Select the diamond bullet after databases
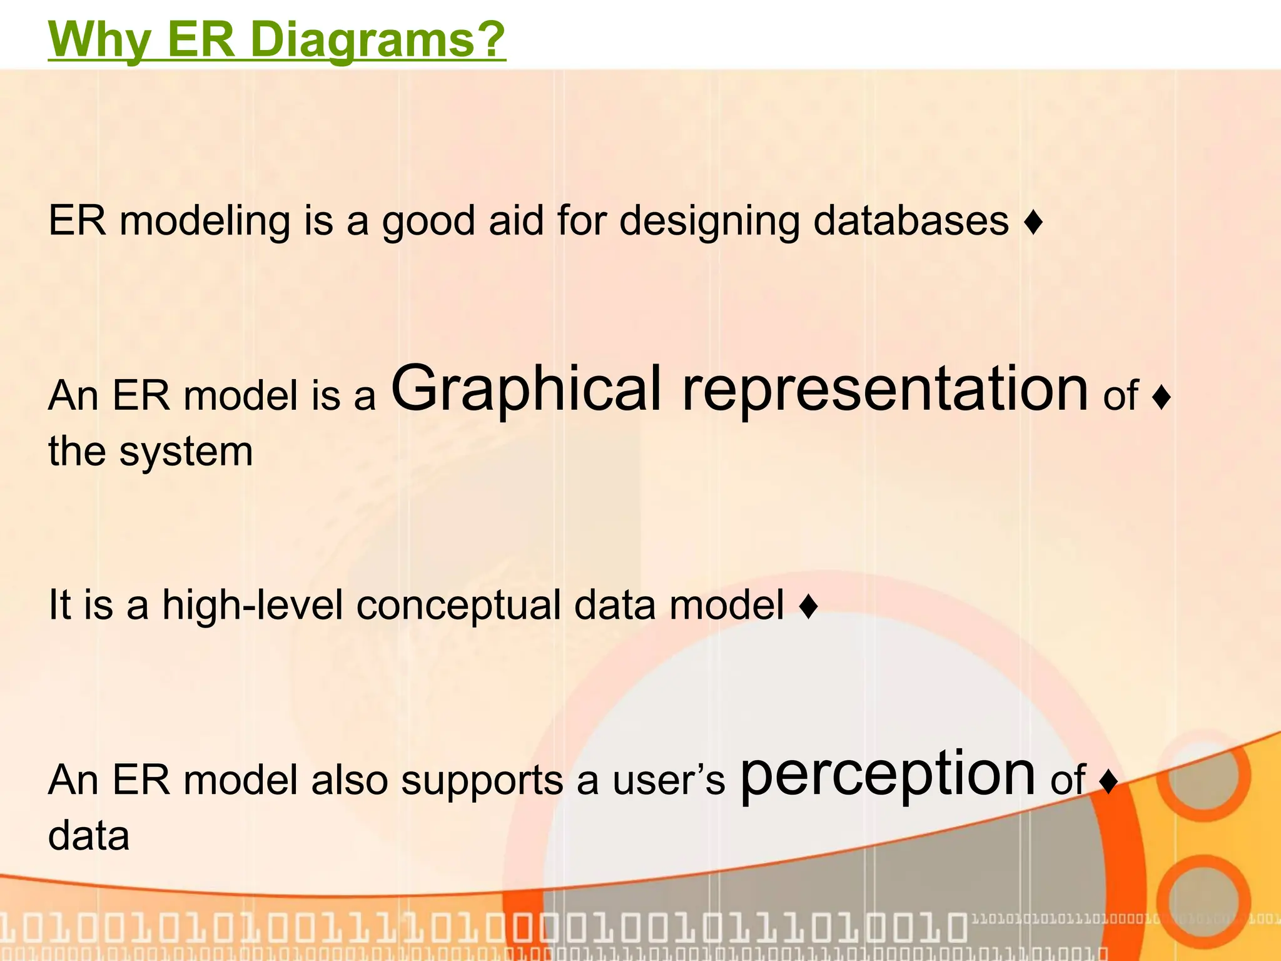tap(1033, 223)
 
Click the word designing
tap(709, 222)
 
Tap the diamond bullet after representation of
tap(1161, 398)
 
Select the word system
tap(186, 452)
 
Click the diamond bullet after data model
tap(809, 606)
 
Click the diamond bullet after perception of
tap(1108, 782)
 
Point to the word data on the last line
tap(89, 836)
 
